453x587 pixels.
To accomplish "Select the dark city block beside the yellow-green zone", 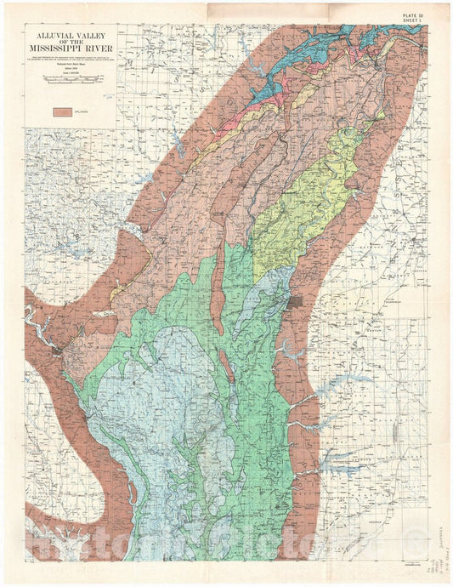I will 297,302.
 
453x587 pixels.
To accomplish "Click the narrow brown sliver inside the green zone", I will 228,366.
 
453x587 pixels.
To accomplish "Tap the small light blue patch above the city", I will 272,289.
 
